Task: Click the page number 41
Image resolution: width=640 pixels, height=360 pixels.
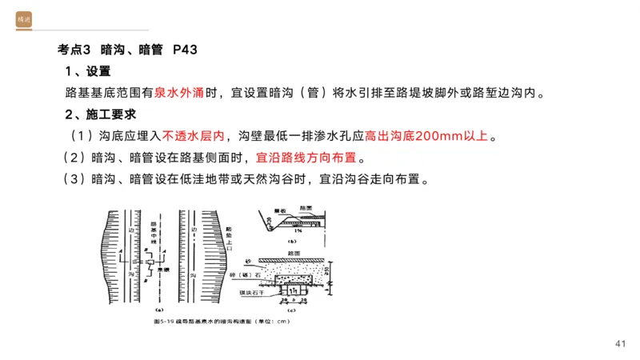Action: [x=621, y=343]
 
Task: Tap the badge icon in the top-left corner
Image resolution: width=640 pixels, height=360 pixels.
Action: [x=23, y=19]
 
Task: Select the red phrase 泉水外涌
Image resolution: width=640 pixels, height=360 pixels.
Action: [x=179, y=92]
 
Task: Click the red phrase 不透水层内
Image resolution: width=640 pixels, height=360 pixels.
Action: [x=194, y=134]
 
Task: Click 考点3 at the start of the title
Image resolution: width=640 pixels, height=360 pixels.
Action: [x=75, y=50]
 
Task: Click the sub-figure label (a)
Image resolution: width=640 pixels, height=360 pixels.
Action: [x=158, y=310]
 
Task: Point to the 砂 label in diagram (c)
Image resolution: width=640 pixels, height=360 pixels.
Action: [x=248, y=261]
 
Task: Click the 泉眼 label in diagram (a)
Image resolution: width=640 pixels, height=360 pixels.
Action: [x=163, y=271]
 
